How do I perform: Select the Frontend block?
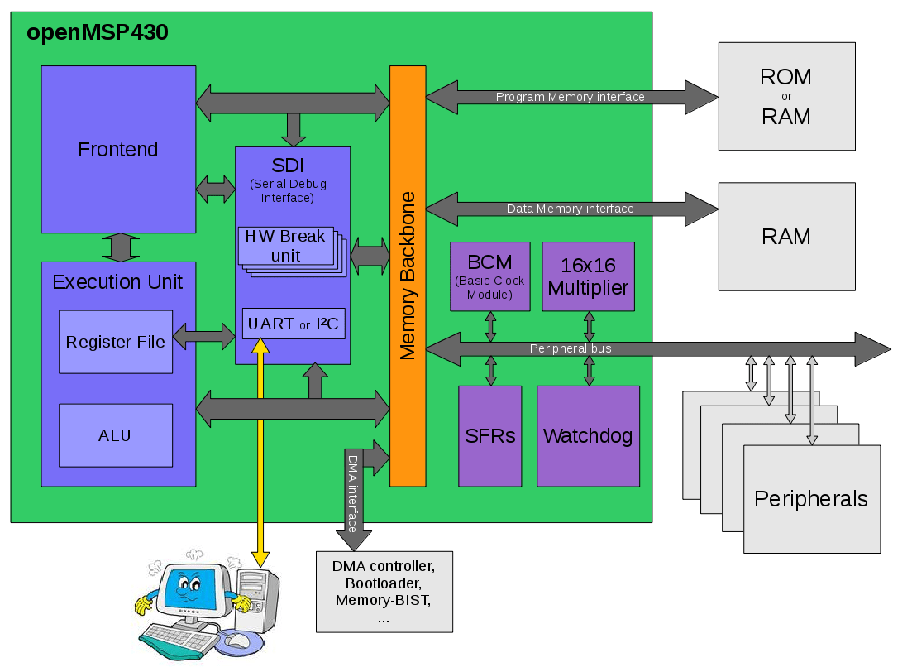pos(118,150)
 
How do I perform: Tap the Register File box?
pos(116,342)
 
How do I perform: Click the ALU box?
pos(116,435)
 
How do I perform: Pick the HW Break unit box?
pos(285,246)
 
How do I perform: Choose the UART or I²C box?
pos(293,324)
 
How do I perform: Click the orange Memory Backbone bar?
pos(408,276)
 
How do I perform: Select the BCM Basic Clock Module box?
pos(489,276)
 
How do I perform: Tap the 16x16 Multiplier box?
pos(588,276)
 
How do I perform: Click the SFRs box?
pos(489,436)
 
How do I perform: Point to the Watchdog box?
pos(588,436)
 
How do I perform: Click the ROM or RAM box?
pos(786,96)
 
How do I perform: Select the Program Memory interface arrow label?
pos(570,97)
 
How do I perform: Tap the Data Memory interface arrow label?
pos(570,209)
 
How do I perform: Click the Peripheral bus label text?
pos(571,348)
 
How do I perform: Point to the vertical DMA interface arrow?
pos(353,497)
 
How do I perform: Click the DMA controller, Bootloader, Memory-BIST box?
pos(384,592)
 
